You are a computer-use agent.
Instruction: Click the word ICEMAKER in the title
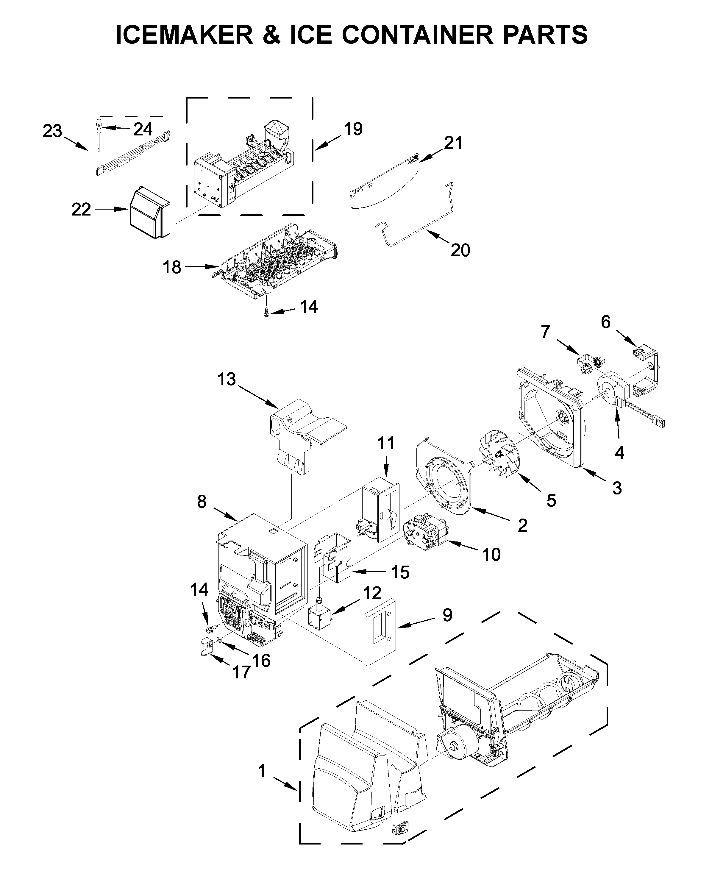[185, 35]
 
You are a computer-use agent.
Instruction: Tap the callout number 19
[353, 129]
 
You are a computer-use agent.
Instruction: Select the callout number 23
[52, 131]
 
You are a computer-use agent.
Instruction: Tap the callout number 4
[619, 453]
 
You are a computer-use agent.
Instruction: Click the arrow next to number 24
[116, 128]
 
